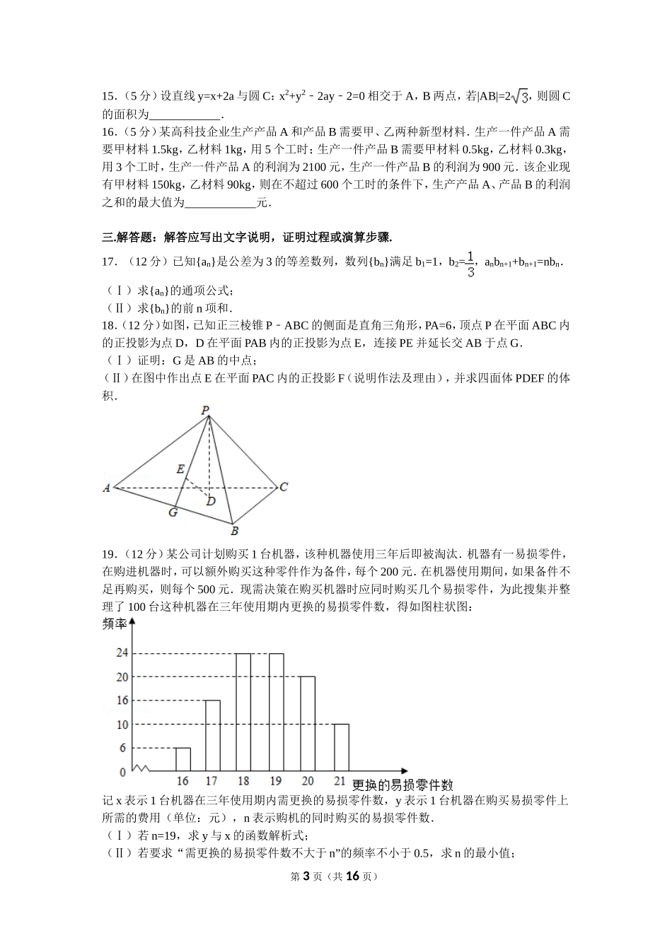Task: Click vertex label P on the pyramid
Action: (205, 410)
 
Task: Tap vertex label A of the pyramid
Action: (107, 488)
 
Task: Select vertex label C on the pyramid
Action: (283, 487)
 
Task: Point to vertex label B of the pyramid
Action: (234, 531)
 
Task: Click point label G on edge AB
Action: (173, 512)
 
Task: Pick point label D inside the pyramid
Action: (210, 501)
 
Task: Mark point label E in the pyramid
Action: (180, 469)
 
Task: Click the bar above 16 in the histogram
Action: (183, 759)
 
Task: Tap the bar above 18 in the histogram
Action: (243, 712)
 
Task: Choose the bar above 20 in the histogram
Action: (307, 724)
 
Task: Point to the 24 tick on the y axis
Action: (122, 653)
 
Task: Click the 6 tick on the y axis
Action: (123, 748)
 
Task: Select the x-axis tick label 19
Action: (275, 781)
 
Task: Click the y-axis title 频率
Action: (115, 623)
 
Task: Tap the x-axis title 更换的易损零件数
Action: (402, 785)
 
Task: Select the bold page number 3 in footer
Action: (306, 876)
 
